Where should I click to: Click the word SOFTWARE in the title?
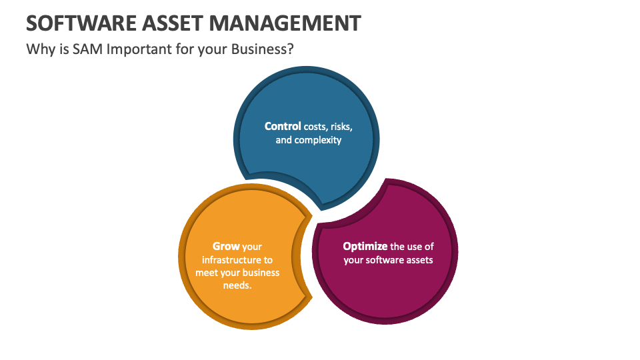coord(81,23)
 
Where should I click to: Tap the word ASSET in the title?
coord(172,23)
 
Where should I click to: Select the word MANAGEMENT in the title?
coord(285,23)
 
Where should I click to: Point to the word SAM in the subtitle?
coord(87,49)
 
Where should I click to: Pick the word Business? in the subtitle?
coord(263,49)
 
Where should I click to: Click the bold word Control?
coord(283,126)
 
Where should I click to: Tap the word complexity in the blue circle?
coord(317,140)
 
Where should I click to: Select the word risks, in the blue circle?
coord(341,127)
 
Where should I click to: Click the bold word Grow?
coord(226,246)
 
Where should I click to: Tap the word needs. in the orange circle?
coord(237,285)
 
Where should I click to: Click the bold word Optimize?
coord(365,247)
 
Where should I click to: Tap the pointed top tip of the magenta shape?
coord(386,179)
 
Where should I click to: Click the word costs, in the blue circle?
coord(315,127)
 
